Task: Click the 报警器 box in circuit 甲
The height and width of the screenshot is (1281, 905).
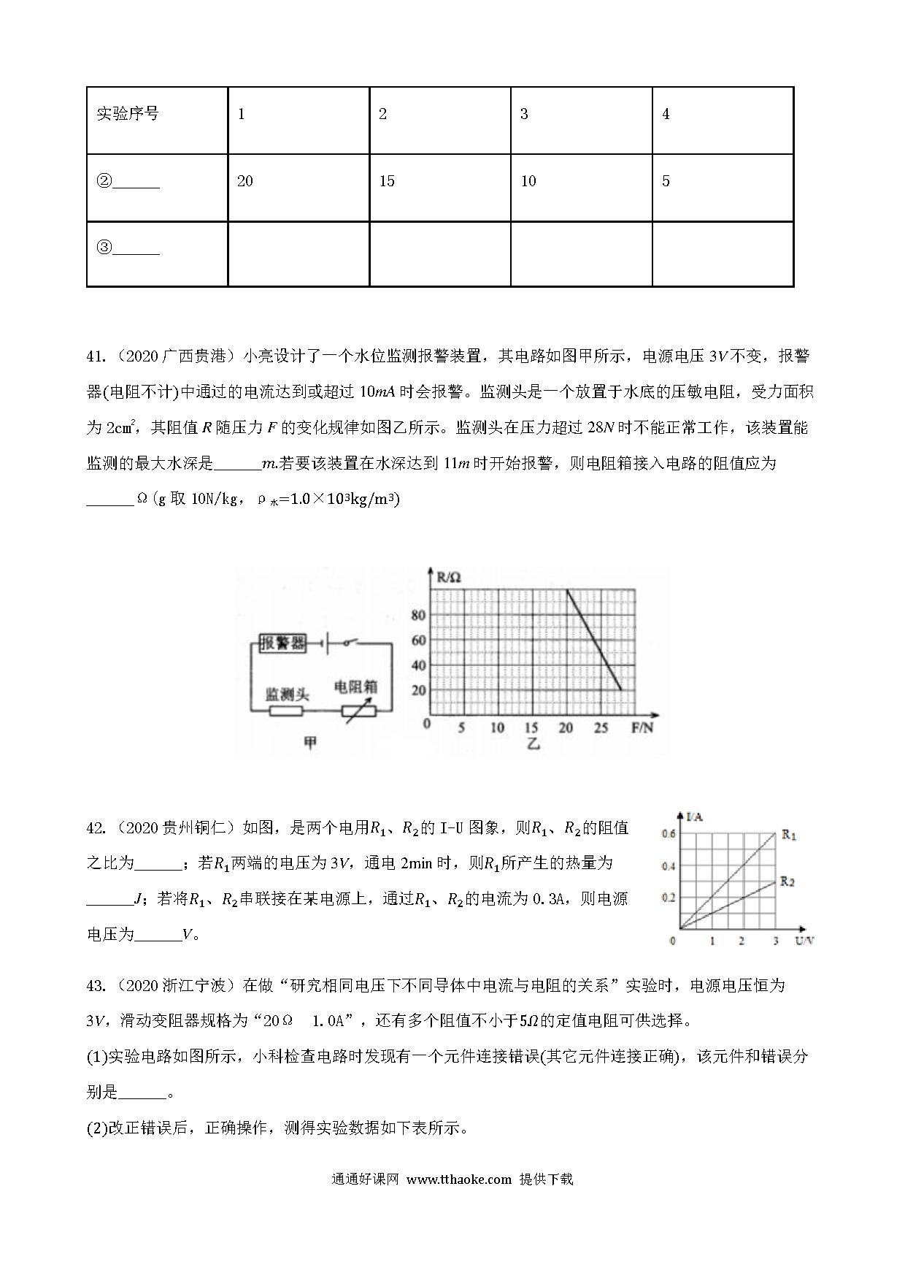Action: [x=282, y=643]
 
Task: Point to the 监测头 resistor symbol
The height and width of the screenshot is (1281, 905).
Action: [x=286, y=711]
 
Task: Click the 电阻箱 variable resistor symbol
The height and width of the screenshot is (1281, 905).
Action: [x=358, y=711]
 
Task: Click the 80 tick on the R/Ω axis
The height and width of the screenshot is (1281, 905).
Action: [x=418, y=615]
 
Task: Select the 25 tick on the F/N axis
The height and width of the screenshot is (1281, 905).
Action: [x=601, y=727]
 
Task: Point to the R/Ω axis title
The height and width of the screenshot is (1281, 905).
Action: [x=449, y=578]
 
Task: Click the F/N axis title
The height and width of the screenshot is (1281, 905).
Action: [x=642, y=727]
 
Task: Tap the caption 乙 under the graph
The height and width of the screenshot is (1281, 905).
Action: [x=533, y=745]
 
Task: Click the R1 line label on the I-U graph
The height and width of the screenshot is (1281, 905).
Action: [x=789, y=834]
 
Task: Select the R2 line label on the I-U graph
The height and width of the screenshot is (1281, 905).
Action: [x=787, y=882]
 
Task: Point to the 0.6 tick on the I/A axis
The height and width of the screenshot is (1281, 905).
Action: [x=669, y=834]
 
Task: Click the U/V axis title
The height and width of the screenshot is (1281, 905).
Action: [x=804, y=941]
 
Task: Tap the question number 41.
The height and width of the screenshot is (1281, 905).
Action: [x=96, y=356]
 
